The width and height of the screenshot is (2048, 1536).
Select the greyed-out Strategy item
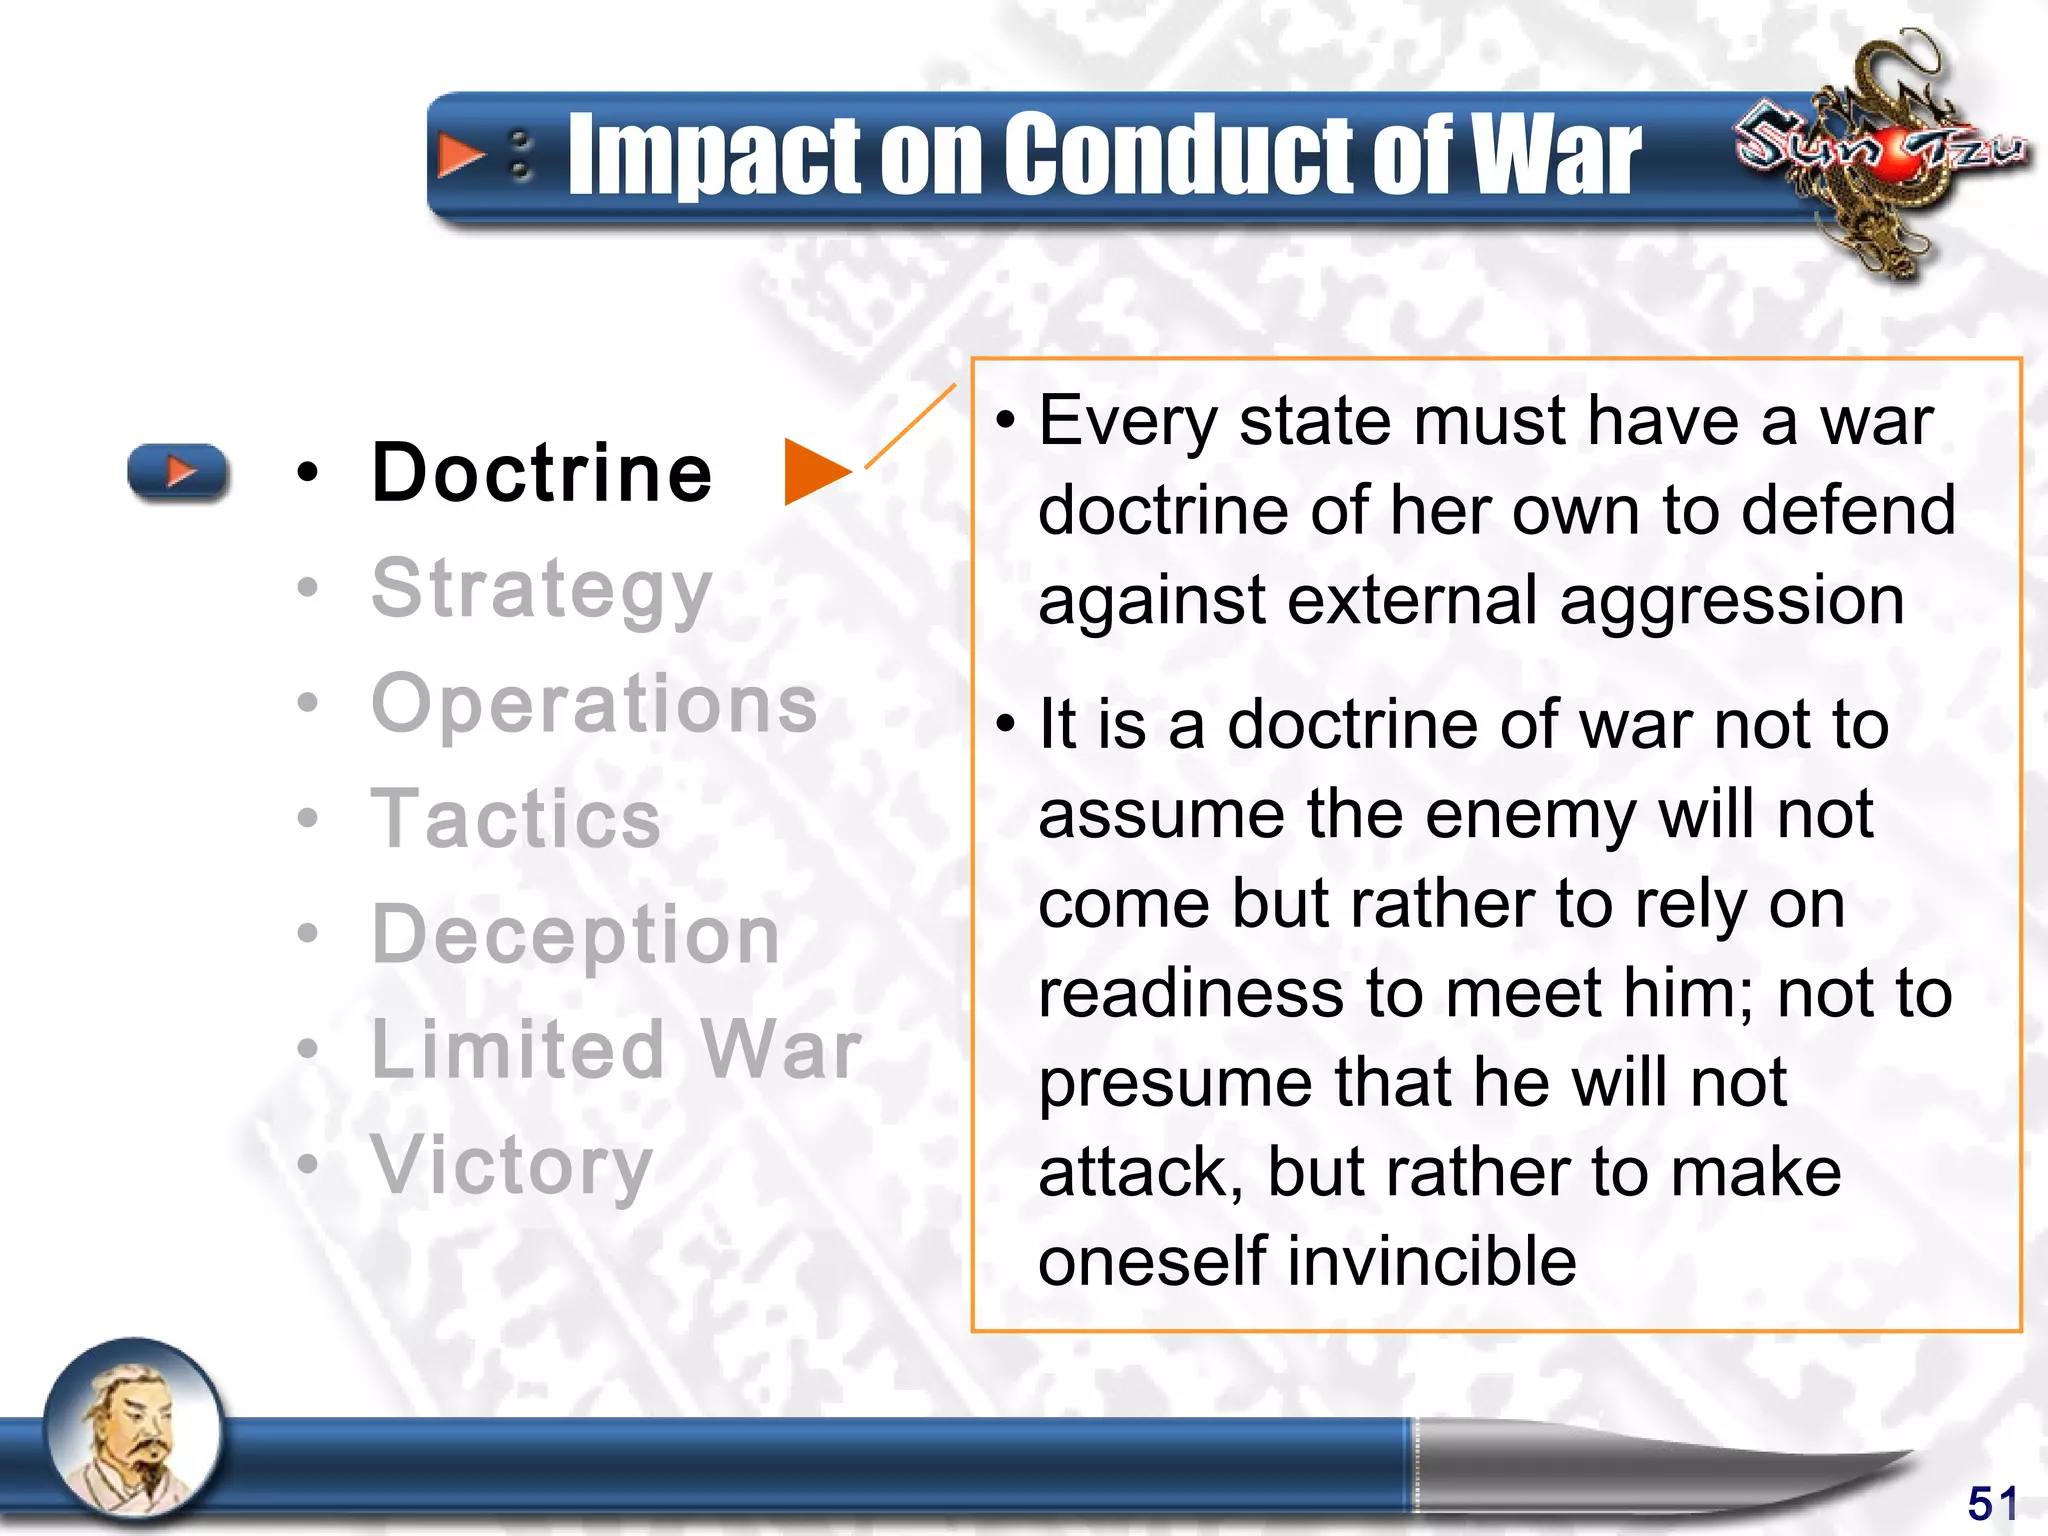[x=541, y=590]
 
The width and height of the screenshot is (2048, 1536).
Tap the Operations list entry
[x=594, y=703]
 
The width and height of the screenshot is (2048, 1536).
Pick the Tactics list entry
[x=516, y=819]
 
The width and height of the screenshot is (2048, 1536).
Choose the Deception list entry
[x=575, y=935]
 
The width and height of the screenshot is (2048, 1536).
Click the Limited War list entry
[x=616, y=1049]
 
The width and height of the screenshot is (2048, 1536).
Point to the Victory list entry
[x=512, y=1165]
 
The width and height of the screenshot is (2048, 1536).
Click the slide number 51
[x=1992, y=1503]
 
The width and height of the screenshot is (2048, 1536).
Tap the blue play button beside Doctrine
[x=178, y=471]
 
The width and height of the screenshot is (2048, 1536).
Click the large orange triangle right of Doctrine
[x=814, y=471]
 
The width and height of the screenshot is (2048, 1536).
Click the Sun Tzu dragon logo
[x=1880, y=150]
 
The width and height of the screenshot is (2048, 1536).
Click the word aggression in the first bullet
[x=1731, y=601]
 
